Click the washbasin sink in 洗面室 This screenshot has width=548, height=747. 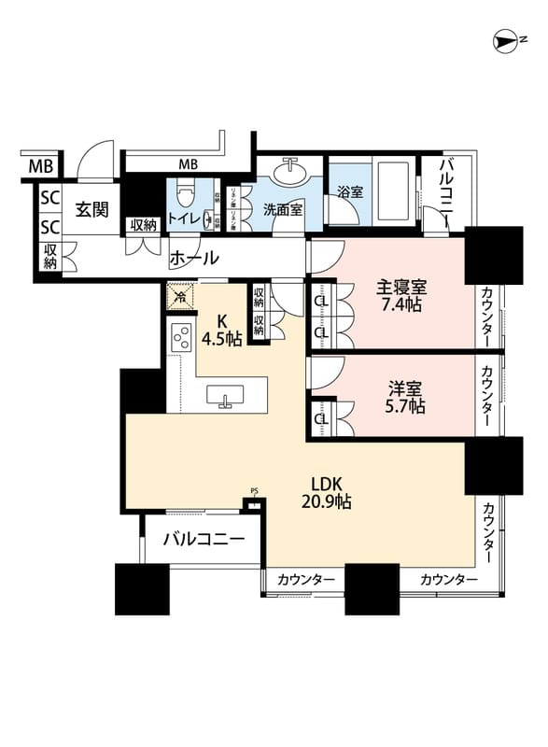291,173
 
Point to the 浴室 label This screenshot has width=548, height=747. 350,192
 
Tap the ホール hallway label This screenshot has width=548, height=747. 194,258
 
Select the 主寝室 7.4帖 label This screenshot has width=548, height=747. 401,296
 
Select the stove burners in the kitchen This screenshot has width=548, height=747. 180,335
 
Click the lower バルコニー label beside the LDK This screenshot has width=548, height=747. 204,540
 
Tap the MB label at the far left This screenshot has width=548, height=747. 40,168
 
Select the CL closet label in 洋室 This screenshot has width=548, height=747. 320,419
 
